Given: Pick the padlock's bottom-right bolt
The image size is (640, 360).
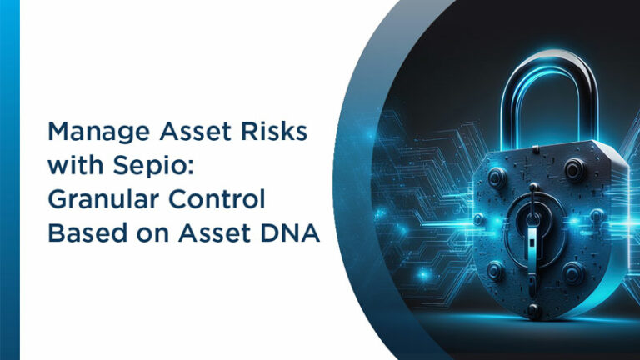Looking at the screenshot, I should coord(574,271).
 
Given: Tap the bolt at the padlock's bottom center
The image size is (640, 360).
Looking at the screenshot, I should coord(533,310).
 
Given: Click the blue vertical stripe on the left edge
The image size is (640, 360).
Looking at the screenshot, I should coord(9,180).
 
